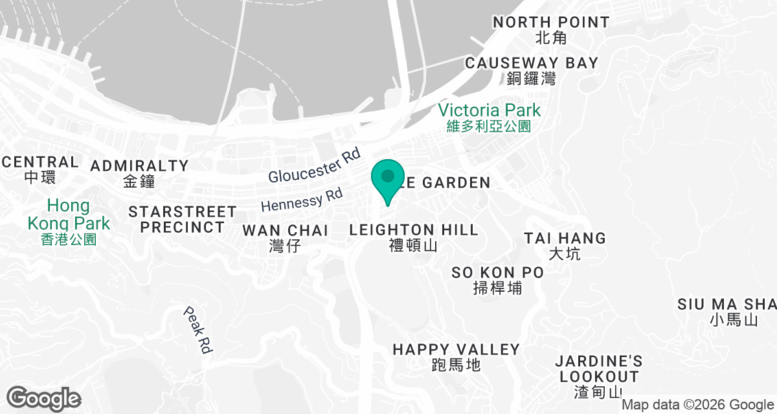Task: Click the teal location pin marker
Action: coord(387,180)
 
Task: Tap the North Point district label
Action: coord(551,30)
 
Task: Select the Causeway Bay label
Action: coord(532,70)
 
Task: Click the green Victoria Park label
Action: coord(489,116)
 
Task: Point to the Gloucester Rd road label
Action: coord(314,167)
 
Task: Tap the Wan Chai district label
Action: coord(286,237)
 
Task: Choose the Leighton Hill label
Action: coord(414,236)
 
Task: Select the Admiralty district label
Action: coord(139,173)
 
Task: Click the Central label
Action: coord(40,168)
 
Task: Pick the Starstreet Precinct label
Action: coord(183,219)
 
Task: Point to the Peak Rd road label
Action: coord(197,329)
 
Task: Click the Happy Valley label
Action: coord(456,356)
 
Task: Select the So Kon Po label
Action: coord(498,279)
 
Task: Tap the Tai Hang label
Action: coord(565,245)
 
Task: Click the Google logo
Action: coord(44,397)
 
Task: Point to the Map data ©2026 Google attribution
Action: coord(697,405)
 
